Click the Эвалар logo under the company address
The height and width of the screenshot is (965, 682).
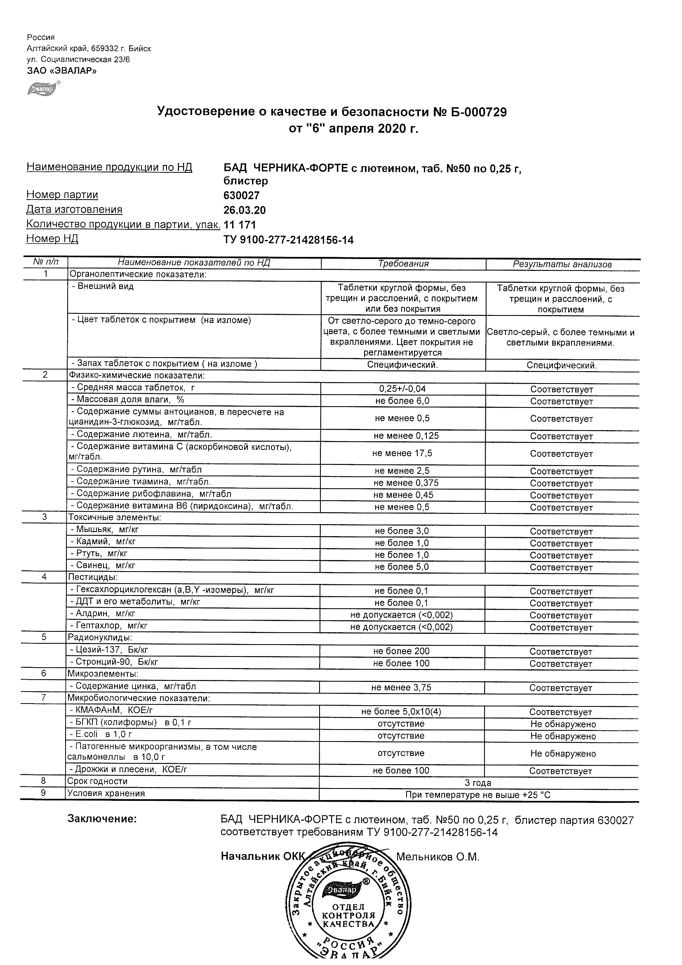43,89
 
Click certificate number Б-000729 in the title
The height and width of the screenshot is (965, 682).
470,112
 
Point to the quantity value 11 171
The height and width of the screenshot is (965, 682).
240,225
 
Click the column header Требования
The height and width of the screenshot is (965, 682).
403,264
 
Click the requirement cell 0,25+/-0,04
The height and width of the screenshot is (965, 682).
402,389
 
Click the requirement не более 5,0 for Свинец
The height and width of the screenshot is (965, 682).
402,567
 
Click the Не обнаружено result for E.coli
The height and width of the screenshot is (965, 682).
563,736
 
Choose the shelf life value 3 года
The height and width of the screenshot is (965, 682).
478,783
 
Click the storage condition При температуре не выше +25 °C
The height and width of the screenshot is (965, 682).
478,795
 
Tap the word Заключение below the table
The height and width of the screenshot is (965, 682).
102,819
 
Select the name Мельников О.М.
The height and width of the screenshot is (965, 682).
437,857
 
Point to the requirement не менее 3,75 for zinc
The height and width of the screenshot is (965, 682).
401,687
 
